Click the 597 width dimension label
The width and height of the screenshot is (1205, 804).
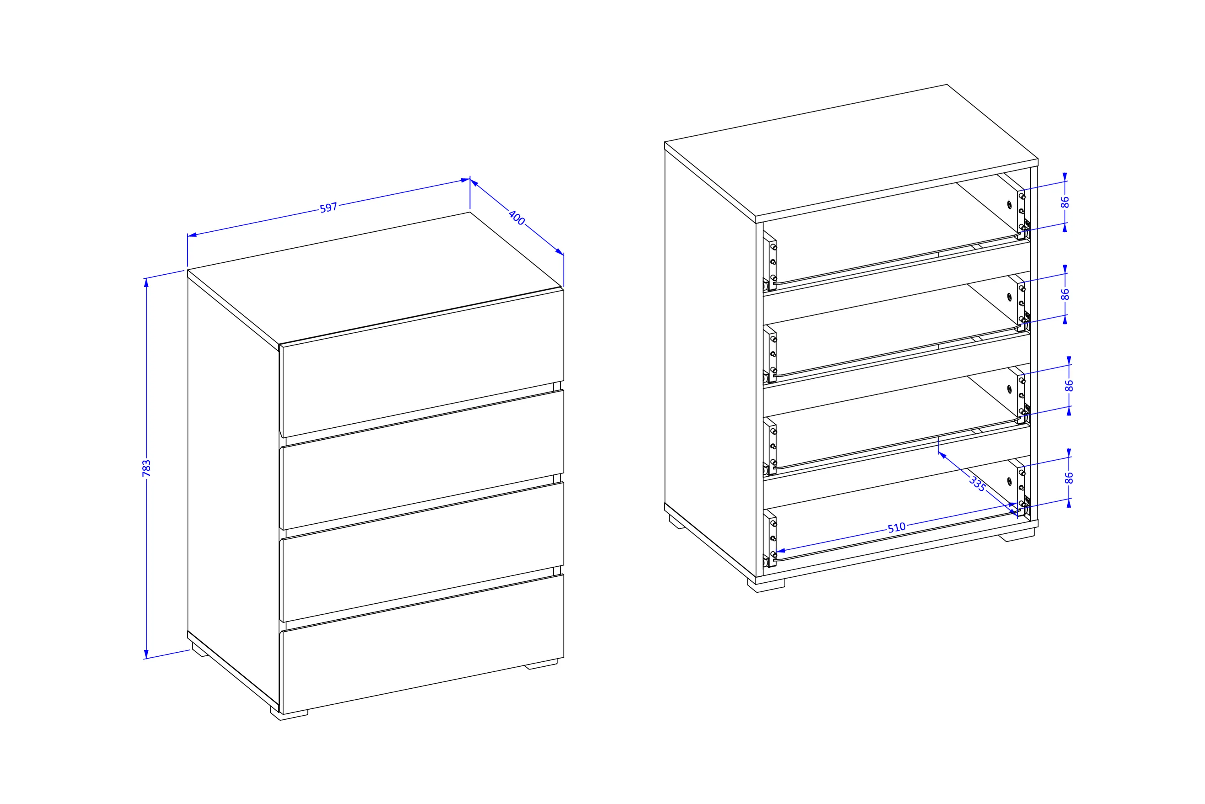click(328, 208)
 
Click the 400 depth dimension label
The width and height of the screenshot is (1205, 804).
click(517, 217)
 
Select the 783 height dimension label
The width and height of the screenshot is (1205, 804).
click(147, 468)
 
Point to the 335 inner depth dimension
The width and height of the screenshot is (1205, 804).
click(978, 484)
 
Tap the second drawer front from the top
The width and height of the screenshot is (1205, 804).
click(422, 459)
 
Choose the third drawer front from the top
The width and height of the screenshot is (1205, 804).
click(422, 552)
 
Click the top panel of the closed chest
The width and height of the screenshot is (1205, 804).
click(375, 278)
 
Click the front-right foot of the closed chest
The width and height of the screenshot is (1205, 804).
click(541, 664)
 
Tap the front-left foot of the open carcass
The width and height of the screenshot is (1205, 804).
click(766, 586)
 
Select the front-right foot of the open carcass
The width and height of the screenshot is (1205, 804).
click(1016, 535)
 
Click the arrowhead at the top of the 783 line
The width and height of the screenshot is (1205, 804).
click(146, 283)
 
